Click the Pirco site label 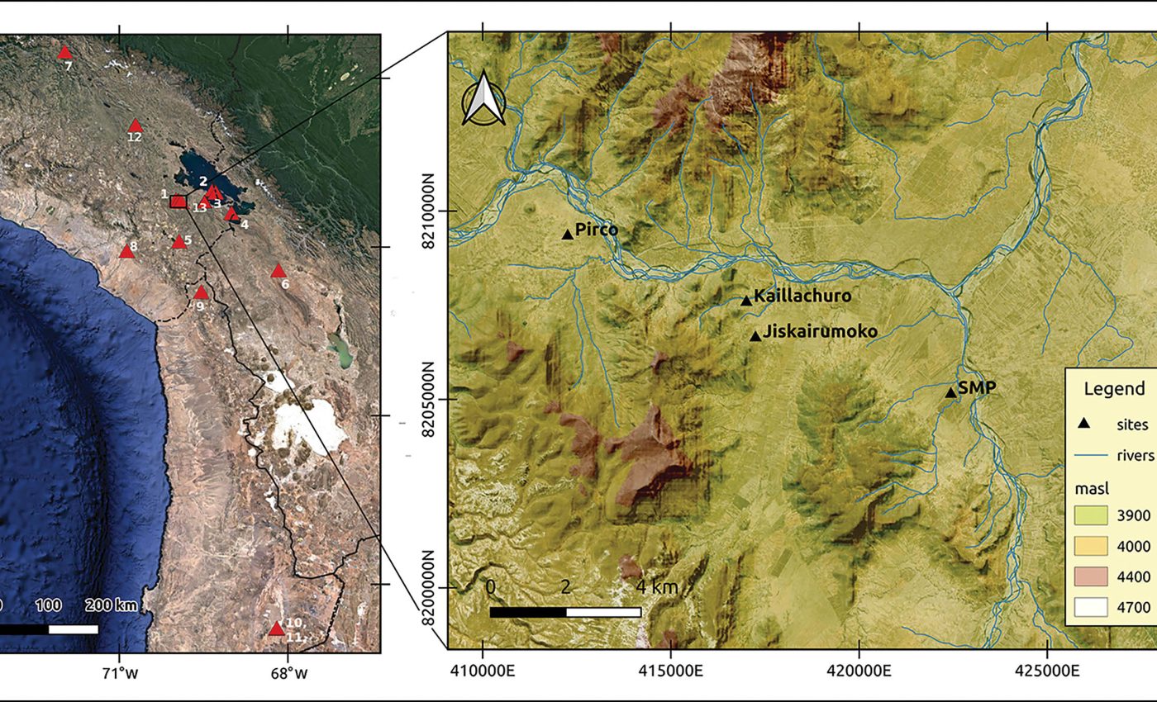597,230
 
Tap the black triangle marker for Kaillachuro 746,301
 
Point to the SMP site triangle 951,392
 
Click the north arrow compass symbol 483,98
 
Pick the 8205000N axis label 430,400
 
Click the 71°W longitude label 121,673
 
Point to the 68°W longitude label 288,673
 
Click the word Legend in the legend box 1114,390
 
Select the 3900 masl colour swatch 1091,515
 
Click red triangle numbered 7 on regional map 64,53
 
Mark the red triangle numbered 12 136,126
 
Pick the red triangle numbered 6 278,271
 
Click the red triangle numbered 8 126,251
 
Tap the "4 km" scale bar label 657,588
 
